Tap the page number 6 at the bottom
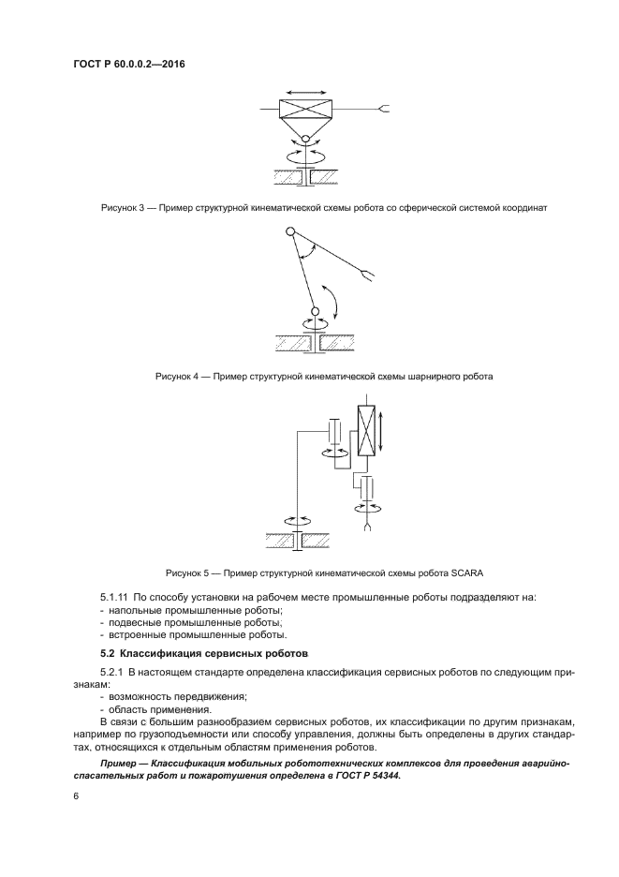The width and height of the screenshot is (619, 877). tap(75, 795)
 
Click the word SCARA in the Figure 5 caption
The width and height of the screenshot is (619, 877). tap(464, 572)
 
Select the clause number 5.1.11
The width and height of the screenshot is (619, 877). tap(113, 597)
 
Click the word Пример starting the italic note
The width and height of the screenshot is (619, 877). tap(122, 765)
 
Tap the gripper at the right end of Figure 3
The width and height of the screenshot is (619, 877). tap(383, 111)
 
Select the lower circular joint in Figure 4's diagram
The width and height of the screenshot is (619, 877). tap(315, 311)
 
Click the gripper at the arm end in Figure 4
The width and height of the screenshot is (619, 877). tap(369, 275)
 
